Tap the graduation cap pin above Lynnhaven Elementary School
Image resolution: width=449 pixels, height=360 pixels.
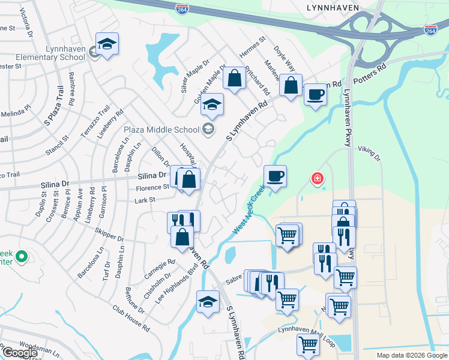pyautogui.click(x=107, y=44)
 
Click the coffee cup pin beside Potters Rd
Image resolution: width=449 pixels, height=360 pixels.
pyautogui.click(x=315, y=94)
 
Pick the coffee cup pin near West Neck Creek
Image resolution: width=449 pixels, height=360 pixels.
pyautogui.click(x=275, y=176)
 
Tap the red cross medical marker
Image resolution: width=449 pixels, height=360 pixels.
pyautogui.click(x=316, y=178)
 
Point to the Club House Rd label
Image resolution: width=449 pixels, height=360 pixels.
pyautogui.click(x=130, y=318)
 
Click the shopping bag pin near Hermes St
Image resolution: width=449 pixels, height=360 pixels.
pyautogui.click(x=234, y=79)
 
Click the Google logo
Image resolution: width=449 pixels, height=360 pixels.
pyautogui.click(x=19, y=353)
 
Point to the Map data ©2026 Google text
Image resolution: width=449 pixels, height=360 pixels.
pyautogui.click(x=412, y=355)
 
